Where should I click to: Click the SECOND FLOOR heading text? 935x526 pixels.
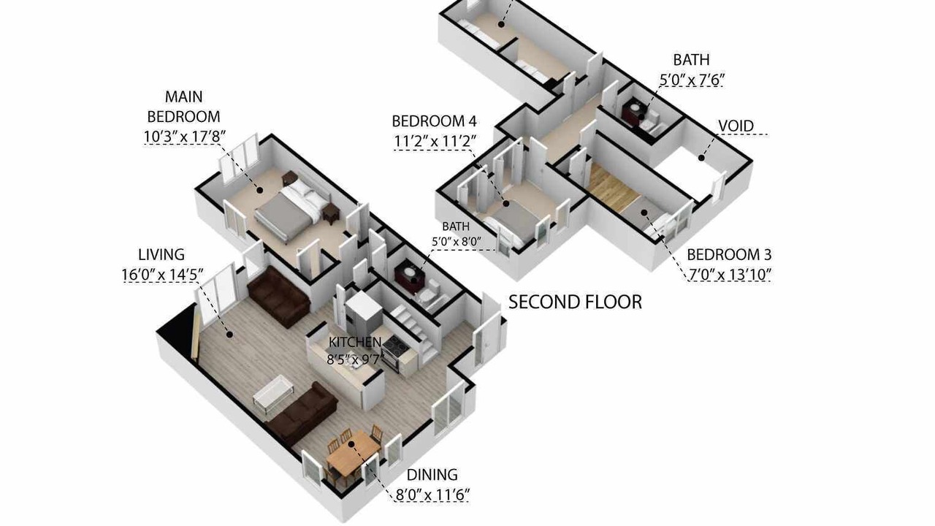pyautogui.click(x=575, y=302)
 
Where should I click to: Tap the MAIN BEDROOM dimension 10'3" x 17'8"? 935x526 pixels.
pyautogui.click(x=185, y=136)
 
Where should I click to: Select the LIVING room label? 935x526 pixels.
pyautogui.click(x=161, y=254)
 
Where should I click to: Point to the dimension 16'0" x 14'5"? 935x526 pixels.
pyautogui.click(x=163, y=275)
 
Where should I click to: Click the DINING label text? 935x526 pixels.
pyautogui.click(x=432, y=475)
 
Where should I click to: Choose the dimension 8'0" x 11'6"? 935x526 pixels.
pyautogui.click(x=432, y=495)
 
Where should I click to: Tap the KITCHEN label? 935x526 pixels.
pyautogui.click(x=355, y=342)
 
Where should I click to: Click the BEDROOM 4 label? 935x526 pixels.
pyautogui.click(x=434, y=121)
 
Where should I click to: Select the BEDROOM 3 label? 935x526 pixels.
pyautogui.click(x=729, y=254)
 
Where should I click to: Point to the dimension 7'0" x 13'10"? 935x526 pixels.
pyautogui.click(x=729, y=275)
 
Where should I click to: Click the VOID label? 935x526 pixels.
pyautogui.click(x=736, y=126)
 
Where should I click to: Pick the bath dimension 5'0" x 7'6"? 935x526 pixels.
pyautogui.click(x=691, y=80)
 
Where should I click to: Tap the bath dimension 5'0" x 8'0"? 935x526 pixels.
pyautogui.click(x=456, y=241)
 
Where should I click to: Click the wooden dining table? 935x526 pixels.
pyautogui.click(x=353, y=452)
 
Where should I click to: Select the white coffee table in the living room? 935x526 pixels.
pyautogui.click(x=273, y=392)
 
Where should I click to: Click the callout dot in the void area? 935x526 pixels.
pyautogui.click(x=702, y=158)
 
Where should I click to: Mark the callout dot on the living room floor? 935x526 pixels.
pyautogui.click(x=229, y=334)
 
